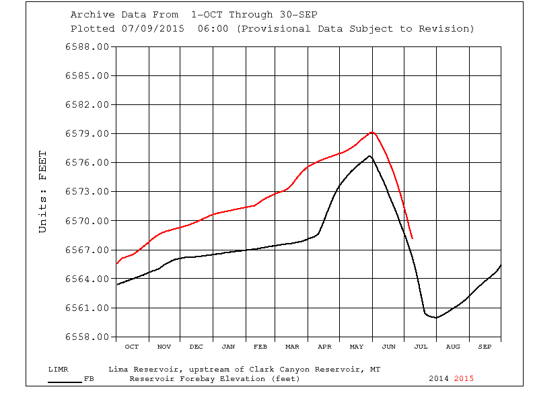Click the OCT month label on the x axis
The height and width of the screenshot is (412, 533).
coord(132,347)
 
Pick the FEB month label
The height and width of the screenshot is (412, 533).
coord(260,347)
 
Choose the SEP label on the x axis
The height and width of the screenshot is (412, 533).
coord(485,347)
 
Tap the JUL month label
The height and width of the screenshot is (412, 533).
coord(421,347)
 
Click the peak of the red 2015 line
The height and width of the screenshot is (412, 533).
coord(371,132)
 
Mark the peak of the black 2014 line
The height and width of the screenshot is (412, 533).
coord(369,156)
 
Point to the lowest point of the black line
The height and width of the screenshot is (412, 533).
coord(435,317)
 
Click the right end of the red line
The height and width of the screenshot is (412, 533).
coord(412,238)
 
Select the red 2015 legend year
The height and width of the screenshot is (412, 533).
coord(464,378)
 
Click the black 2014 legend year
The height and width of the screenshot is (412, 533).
coord(439,378)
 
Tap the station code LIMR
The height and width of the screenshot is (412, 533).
coord(59,370)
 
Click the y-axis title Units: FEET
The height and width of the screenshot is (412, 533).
coord(43,191)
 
